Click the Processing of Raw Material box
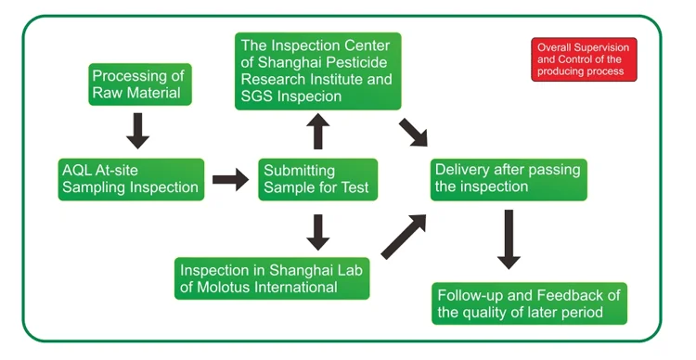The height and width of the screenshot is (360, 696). click(x=140, y=84)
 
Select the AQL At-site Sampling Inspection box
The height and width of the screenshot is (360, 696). click(x=131, y=179)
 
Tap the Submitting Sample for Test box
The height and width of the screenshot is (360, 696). click(x=317, y=179)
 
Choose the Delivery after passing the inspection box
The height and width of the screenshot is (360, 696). click(x=509, y=179)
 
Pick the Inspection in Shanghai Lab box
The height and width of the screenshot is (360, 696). click(x=272, y=278)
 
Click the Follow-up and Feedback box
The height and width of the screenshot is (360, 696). click(x=529, y=303)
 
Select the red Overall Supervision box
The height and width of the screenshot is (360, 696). click(x=584, y=59)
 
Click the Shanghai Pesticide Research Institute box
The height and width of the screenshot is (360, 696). click(x=317, y=71)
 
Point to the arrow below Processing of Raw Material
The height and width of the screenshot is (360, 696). click(x=137, y=131)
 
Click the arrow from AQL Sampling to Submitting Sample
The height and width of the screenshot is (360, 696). click(x=230, y=179)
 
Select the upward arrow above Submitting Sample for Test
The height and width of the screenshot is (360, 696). click(x=317, y=132)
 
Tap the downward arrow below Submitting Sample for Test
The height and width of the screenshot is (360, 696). click(x=317, y=233)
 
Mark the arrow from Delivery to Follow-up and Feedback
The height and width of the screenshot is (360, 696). click(x=509, y=239)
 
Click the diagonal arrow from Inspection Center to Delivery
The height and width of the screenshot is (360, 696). click(x=413, y=133)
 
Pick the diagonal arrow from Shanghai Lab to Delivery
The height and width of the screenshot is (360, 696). click(x=404, y=237)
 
